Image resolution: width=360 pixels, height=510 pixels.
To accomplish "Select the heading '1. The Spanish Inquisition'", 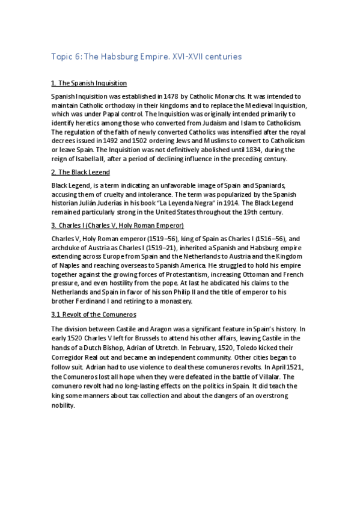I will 88,83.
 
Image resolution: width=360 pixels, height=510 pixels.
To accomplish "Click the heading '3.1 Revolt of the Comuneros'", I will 93,315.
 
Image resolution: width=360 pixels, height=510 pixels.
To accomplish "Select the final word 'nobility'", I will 64,405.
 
